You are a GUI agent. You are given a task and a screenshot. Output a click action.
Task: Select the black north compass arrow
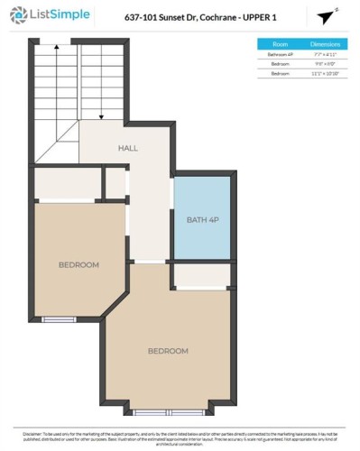point(326,17)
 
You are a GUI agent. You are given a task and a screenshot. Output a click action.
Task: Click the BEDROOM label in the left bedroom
point(78,264)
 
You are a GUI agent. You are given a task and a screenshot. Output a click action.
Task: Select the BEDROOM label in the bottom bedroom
point(168,350)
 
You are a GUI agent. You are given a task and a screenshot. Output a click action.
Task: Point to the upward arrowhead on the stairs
point(57,45)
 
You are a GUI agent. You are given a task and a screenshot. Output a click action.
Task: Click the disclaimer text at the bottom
point(180,437)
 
